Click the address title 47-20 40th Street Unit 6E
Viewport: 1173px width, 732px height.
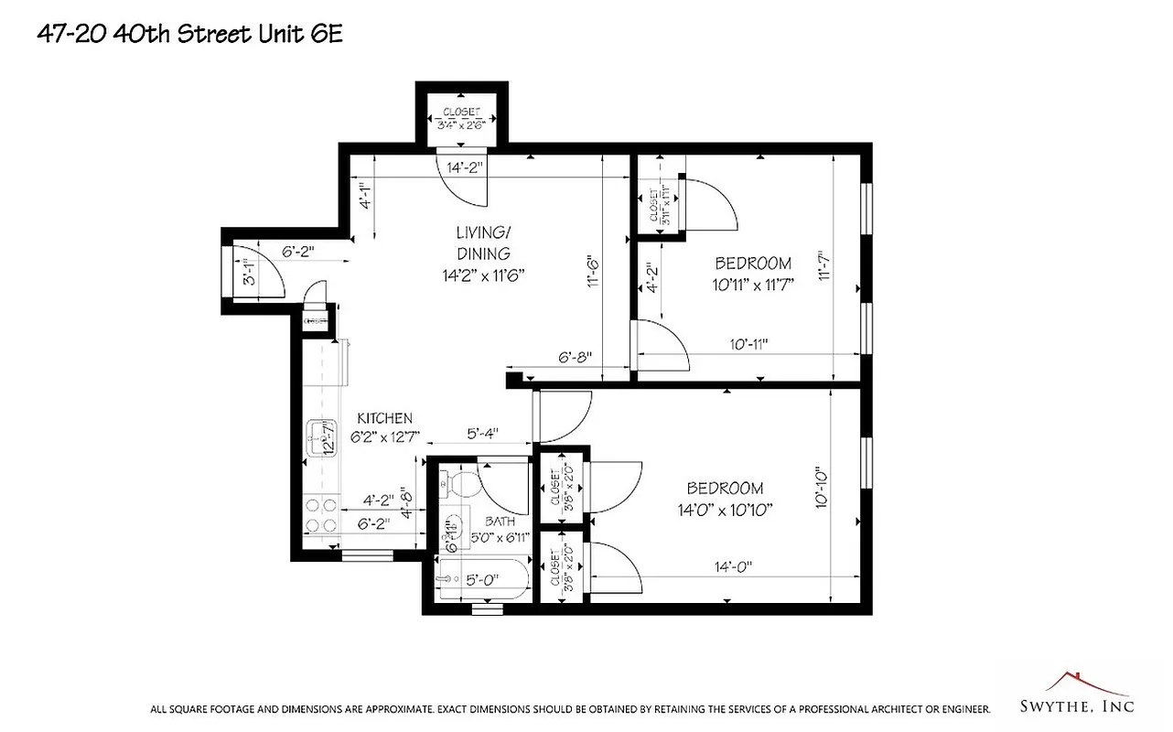[190, 33]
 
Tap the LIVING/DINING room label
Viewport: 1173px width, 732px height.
[483, 242]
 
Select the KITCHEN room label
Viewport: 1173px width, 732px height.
[384, 418]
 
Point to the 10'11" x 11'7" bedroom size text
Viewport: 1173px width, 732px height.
[752, 284]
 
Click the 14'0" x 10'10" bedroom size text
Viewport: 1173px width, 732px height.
[726, 510]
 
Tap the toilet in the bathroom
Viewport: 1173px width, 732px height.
[455, 481]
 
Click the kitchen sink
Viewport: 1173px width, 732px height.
[321, 432]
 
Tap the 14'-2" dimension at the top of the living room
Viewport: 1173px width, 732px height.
[465, 167]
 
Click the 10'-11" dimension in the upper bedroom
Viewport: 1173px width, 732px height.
[748, 344]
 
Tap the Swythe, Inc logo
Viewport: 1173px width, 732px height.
[1076, 696]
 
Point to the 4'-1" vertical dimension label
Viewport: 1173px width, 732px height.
[365, 197]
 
